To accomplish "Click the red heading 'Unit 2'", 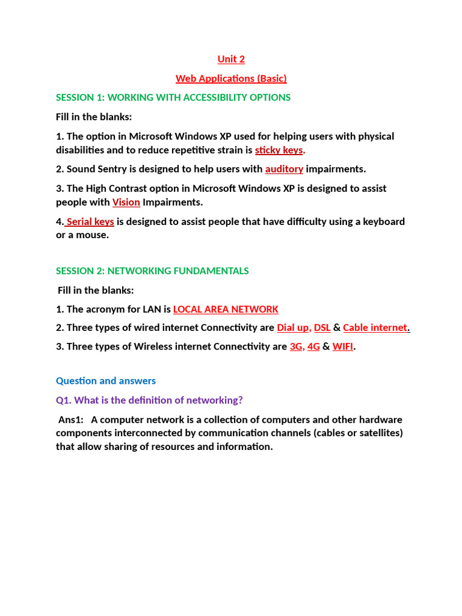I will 231,59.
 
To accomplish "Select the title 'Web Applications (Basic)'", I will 231,78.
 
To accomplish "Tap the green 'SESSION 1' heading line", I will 173,97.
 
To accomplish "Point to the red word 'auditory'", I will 284,169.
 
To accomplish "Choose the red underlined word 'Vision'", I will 126,202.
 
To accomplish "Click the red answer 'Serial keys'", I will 90,221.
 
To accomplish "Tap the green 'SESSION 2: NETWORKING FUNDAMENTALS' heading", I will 152,271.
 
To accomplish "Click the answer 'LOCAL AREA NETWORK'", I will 226,309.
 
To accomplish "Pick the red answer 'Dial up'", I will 294,328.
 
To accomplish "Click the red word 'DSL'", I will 322,328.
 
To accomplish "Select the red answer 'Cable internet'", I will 375,328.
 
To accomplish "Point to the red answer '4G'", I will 313,347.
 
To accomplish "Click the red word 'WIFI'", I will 343,347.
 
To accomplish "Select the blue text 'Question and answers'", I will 106,381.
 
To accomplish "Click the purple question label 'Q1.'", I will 64,400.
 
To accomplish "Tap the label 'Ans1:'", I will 70,419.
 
